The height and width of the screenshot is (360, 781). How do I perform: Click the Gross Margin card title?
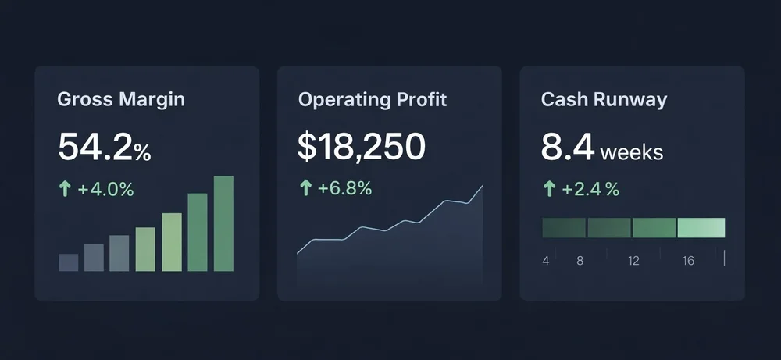coord(121,100)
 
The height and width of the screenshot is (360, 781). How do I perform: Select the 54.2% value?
coord(104,148)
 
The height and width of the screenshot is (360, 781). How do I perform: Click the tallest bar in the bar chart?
coord(223,223)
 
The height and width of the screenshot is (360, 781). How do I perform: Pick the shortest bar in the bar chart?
coord(69,262)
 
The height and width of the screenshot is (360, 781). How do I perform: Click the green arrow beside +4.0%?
coord(65,189)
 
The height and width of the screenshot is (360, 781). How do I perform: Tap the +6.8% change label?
coord(344,188)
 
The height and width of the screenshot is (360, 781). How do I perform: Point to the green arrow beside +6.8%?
coord(305,188)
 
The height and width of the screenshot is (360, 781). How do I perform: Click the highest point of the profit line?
coord(483,186)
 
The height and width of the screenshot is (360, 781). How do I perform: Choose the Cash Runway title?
coord(604,100)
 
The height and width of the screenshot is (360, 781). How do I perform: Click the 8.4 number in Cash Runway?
coord(568,148)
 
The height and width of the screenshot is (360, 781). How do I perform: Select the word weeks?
coord(632,151)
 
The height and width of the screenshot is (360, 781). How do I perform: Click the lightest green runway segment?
coord(701,228)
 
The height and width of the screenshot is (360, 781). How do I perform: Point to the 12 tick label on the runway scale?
coord(633,261)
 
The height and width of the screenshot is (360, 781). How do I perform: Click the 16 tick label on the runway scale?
coord(688,261)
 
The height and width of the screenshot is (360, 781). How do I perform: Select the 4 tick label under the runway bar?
coord(546,261)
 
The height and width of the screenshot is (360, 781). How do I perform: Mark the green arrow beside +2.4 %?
coord(548,189)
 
